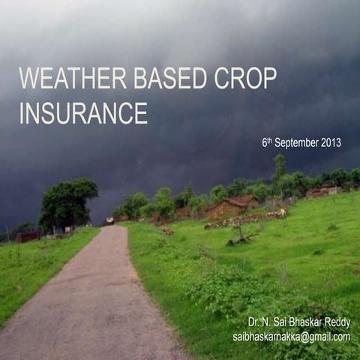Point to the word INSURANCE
[82, 112]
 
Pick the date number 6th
[267, 142]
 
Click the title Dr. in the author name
[254, 322]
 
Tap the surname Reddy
[335, 322]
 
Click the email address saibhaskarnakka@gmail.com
[291, 337]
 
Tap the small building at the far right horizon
[321, 191]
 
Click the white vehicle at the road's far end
[109, 220]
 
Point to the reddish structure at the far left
[28, 236]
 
